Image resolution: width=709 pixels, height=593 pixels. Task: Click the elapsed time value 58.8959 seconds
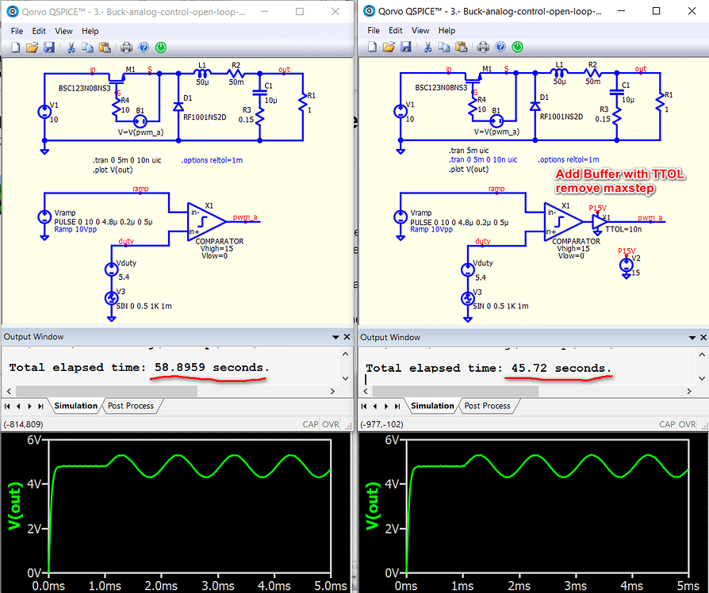coord(209,368)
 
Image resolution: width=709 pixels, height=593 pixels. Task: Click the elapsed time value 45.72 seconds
coord(557,368)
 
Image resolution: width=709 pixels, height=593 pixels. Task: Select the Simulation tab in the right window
coord(432,405)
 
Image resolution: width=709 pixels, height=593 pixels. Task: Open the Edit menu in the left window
coord(39,31)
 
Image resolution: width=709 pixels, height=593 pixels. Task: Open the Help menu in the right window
coord(446,31)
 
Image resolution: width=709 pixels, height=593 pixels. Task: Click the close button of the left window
coord(335,12)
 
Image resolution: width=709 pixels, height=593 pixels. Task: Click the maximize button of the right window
coord(656,12)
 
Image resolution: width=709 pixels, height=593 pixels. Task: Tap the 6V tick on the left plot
coord(33,441)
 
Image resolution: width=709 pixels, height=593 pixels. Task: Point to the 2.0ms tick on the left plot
coord(160,585)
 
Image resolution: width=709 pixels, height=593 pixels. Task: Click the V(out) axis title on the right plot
coord(369,507)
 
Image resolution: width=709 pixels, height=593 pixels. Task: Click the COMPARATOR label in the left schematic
coord(219,240)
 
